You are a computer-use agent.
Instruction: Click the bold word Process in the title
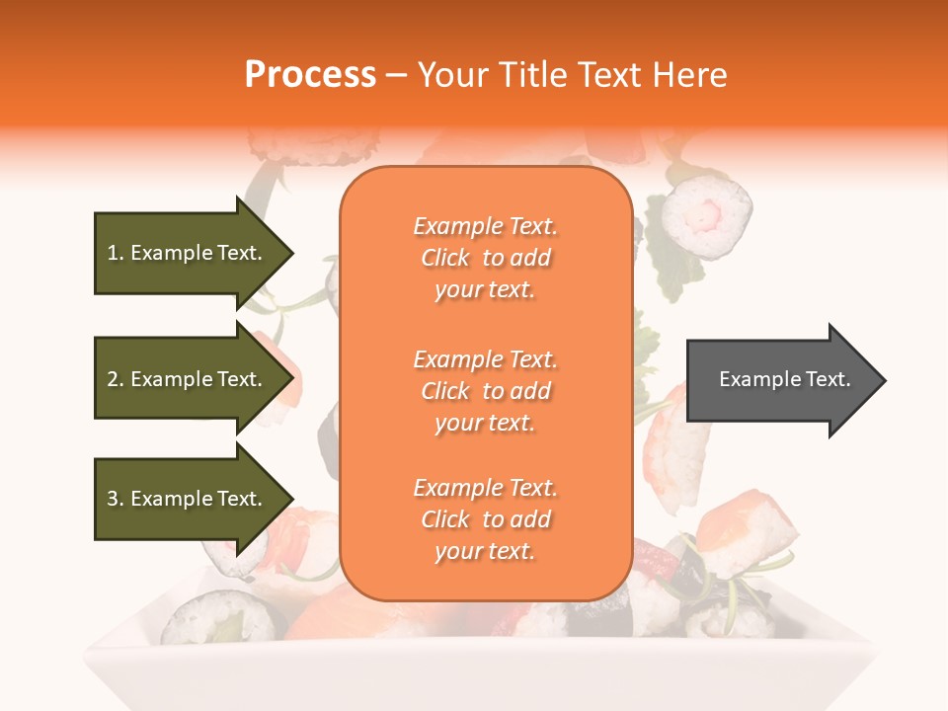click(310, 75)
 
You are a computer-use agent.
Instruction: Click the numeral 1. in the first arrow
click(116, 254)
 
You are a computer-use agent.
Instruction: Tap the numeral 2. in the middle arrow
click(116, 379)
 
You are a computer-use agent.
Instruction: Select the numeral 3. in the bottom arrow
click(116, 499)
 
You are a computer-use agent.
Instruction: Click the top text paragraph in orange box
click(485, 258)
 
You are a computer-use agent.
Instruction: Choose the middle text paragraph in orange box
click(485, 391)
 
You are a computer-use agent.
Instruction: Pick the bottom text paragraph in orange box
click(485, 519)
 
